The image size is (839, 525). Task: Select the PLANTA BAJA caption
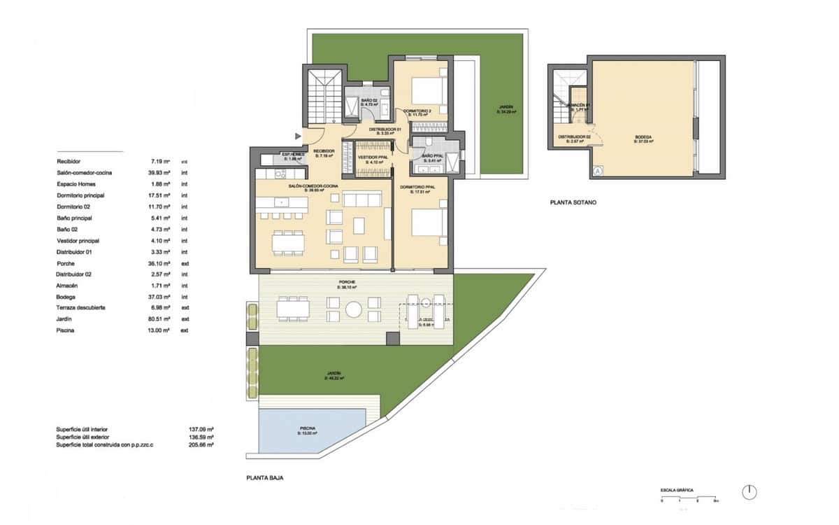point(265,479)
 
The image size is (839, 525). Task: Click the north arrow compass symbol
point(749,492)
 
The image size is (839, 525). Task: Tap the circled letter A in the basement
point(598,170)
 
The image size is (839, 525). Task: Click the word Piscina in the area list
point(67,330)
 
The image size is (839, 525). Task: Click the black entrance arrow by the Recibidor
point(299,135)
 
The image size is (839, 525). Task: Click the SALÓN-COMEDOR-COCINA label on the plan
point(314,185)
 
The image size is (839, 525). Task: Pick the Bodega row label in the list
point(67,297)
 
